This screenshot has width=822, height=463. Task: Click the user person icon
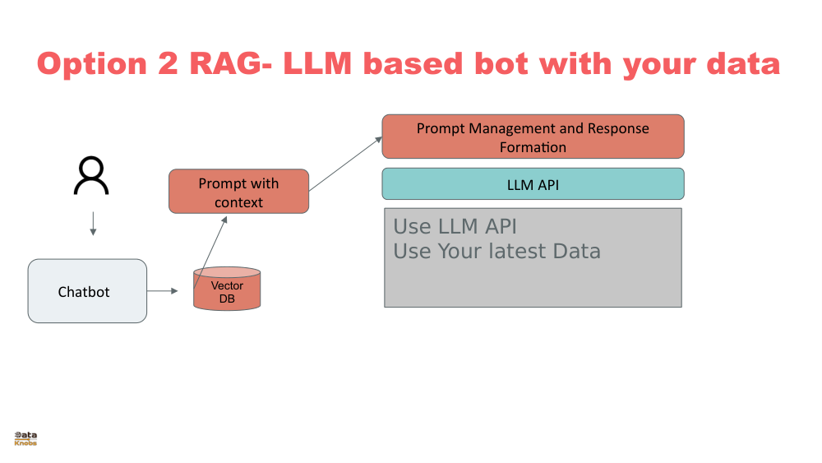point(91,176)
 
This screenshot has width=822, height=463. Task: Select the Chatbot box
point(87,291)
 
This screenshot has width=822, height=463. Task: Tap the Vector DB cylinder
point(227,289)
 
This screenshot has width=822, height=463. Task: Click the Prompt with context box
point(238,192)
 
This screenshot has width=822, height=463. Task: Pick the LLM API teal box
point(533,184)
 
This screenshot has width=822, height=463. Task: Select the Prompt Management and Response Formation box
point(533,137)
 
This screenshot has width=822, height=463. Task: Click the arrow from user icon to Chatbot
point(92,224)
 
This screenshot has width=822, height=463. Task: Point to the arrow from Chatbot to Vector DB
point(163,291)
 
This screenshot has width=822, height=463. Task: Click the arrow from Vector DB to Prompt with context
point(211,252)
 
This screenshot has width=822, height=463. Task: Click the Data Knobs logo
point(25,438)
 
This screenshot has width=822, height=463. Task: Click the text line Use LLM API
point(455,227)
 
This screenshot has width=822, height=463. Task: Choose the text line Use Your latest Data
point(496,251)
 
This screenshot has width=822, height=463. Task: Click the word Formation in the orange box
point(533,147)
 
